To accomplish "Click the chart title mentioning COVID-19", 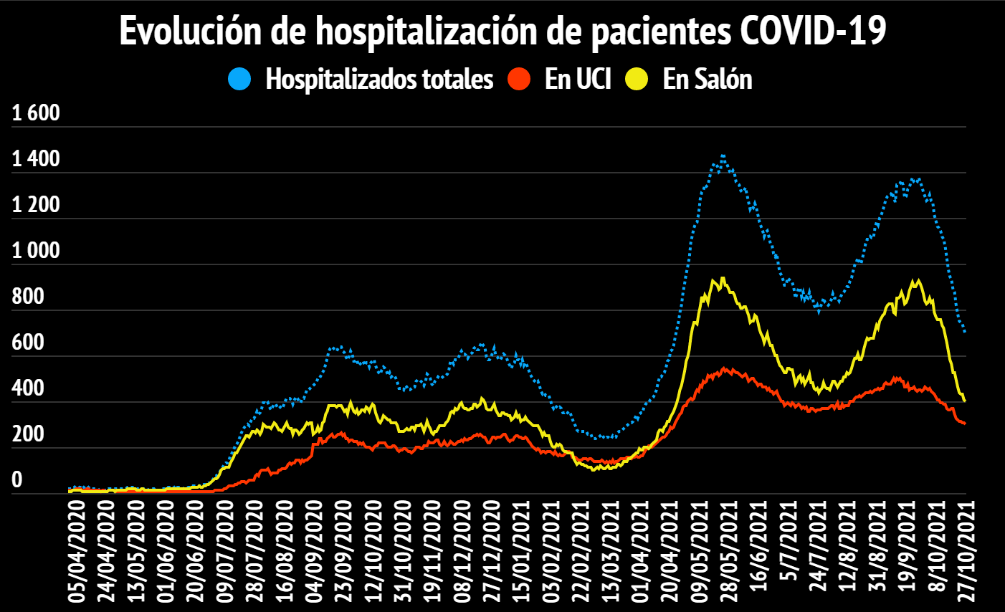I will [x=502, y=31].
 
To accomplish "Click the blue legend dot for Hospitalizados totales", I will [x=239, y=79].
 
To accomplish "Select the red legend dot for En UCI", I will [x=518, y=79].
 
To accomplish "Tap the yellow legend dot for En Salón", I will [x=636, y=79].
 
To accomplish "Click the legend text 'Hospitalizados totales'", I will [x=379, y=79].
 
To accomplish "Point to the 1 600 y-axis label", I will [x=36, y=113].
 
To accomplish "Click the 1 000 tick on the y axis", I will [x=36, y=251].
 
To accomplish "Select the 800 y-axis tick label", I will [x=28, y=297].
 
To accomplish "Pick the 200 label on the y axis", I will [x=28, y=434].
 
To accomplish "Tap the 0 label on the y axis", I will [x=17, y=480].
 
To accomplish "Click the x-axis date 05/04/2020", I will [x=77, y=550].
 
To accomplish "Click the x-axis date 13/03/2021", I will [x=611, y=550].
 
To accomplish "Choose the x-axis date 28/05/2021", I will [x=728, y=550].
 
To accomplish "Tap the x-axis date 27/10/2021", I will [x=965, y=550].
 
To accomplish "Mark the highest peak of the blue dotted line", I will [x=723, y=155].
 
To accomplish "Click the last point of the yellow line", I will [x=965, y=401].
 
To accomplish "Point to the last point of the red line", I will [x=965, y=424].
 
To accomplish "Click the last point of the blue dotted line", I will [x=965, y=332].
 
